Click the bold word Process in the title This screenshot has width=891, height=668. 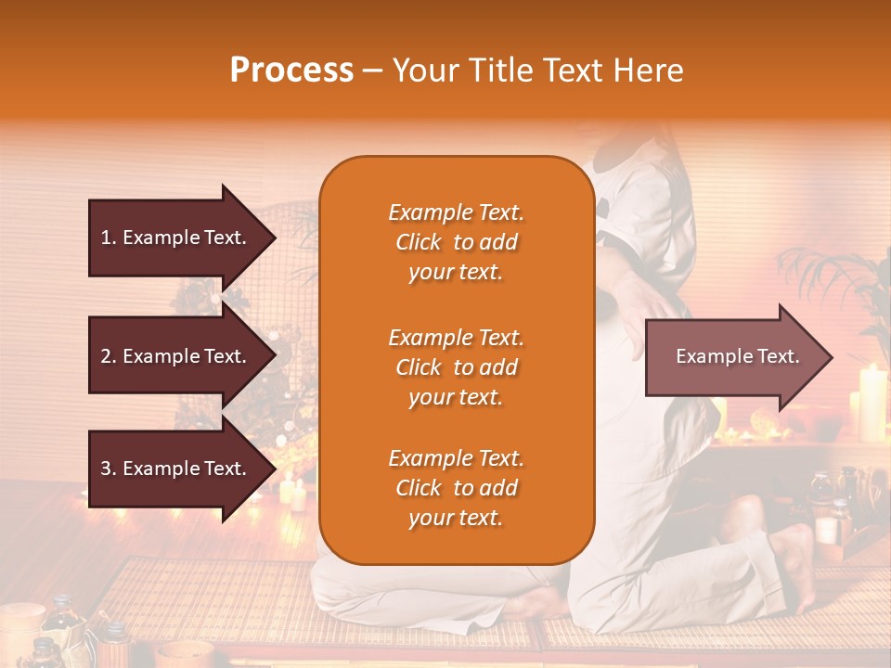291,70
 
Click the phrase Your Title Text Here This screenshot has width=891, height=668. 537,71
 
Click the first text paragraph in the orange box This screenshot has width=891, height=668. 456,242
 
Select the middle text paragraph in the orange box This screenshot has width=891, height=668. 456,367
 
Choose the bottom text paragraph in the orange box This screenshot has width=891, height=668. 456,488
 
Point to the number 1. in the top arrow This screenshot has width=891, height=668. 109,238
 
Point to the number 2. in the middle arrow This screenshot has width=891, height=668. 109,356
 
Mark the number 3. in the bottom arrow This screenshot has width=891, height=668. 109,469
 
